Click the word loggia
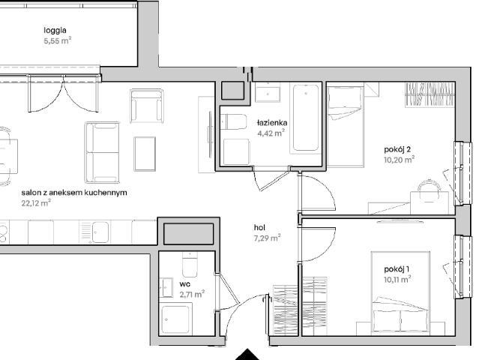[x=55, y=31]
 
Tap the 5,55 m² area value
[x=58, y=40]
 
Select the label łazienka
[x=272, y=123]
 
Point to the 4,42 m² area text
[x=271, y=133]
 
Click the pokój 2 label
[x=397, y=149]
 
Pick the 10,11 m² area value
[x=397, y=279]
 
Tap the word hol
[x=259, y=228]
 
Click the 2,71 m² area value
[x=192, y=294]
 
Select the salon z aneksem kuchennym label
[x=74, y=193]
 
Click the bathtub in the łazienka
[x=306, y=118]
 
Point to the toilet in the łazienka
[x=233, y=122]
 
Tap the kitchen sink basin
[x=100, y=232]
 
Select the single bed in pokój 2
[x=346, y=126]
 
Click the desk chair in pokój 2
[x=430, y=191]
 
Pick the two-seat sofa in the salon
[x=102, y=152]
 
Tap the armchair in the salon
[x=147, y=106]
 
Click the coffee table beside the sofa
[x=145, y=154]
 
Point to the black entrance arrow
[x=247, y=355]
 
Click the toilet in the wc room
[x=190, y=265]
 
